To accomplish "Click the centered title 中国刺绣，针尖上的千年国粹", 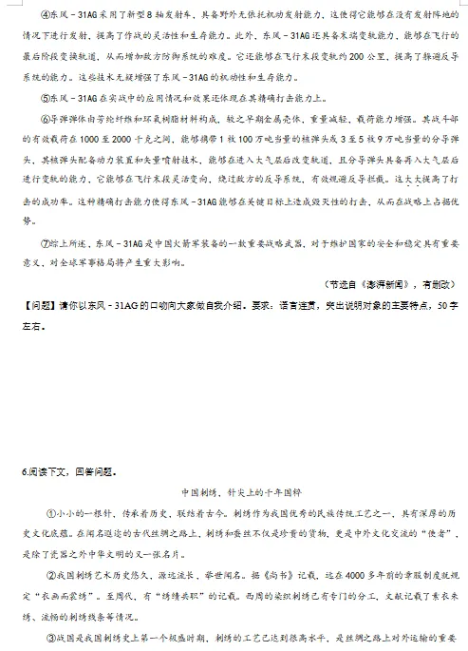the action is pyautogui.click(x=234, y=492).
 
